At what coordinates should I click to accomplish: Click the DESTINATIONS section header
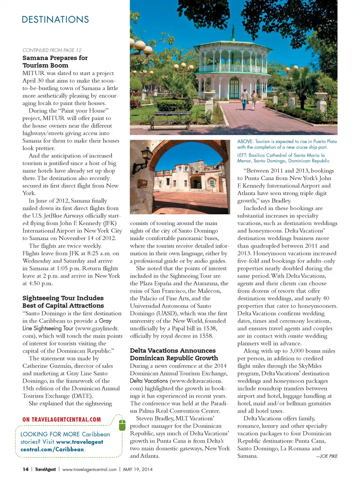55,20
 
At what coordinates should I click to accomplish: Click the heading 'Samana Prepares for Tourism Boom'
55,62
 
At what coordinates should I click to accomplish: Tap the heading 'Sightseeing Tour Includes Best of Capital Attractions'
63,302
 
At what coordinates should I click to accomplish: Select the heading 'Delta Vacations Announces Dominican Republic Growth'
173,354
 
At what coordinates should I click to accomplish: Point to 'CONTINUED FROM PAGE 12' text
52,50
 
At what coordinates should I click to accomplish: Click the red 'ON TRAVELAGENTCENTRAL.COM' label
61,419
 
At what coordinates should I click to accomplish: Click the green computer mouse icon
122,425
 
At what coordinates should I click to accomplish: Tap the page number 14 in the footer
25,469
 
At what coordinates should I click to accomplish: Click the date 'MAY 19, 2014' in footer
138,469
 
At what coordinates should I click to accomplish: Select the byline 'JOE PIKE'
328,456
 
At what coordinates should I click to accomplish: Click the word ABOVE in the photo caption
245,141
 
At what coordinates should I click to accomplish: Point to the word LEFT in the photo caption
242,155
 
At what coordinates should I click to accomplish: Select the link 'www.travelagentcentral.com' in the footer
89,469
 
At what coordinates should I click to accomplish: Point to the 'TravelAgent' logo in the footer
45,469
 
